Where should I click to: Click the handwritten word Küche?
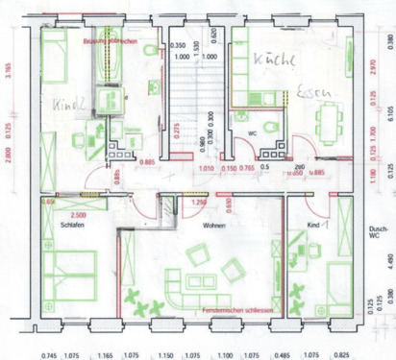coord(272,60)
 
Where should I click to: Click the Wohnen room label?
coord(213,225)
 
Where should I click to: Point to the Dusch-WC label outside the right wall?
coord(380,232)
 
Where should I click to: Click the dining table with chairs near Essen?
coord(334,120)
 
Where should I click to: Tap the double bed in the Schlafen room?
coord(67,274)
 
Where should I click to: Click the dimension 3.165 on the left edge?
coord(9,71)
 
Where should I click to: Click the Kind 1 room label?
coord(318,225)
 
